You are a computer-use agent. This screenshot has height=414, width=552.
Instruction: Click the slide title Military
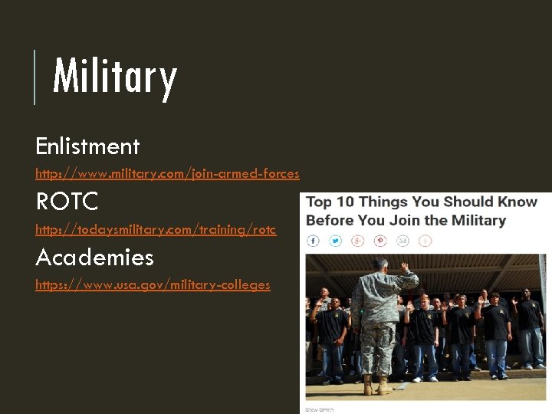pyautogui.click(x=115, y=77)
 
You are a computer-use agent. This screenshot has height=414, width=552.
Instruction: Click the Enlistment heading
pyautogui.click(x=87, y=146)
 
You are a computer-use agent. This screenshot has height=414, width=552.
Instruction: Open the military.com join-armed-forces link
pyautogui.click(x=167, y=173)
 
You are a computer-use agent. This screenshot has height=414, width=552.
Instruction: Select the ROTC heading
pyautogui.click(x=67, y=202)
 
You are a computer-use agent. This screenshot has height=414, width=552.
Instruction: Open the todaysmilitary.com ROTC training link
pyautogui.click(x=156, y=229)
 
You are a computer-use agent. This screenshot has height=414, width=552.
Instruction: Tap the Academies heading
pyautogui.click(x=94, y=257)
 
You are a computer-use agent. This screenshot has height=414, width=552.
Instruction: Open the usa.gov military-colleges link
pyautogui.click(x=153, y=284)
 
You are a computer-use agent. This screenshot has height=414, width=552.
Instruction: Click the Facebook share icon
pyautogui.click(x=313, y=241)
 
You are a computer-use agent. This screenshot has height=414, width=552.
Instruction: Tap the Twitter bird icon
pyautogui.click(x=335, y=241)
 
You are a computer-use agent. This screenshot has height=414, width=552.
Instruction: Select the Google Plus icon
pyautogui.click(x=357, y=241)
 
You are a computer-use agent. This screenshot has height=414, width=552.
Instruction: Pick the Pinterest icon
pyautogui.click(x=380, y=241)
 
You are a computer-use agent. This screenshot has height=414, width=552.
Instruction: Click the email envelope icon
pyautogui.click(x=402, y=241)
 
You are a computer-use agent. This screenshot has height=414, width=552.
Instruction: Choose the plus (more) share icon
pyautogui.click(x=425, y=241)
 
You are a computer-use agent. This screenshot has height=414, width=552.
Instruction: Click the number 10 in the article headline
pyautogui.click(x=343, y=202)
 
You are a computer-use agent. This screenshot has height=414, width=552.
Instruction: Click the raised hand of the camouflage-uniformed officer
pyautogui.click(x=404, y=268)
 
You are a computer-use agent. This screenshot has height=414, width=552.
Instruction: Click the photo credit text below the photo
pyautogui.click(x=320, y=410)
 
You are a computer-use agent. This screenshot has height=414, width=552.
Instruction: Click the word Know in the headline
pyautogui.click(x=519, y=202)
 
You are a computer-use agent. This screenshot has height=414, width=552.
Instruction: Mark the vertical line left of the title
pyautogui.click(x=34, y=77)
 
